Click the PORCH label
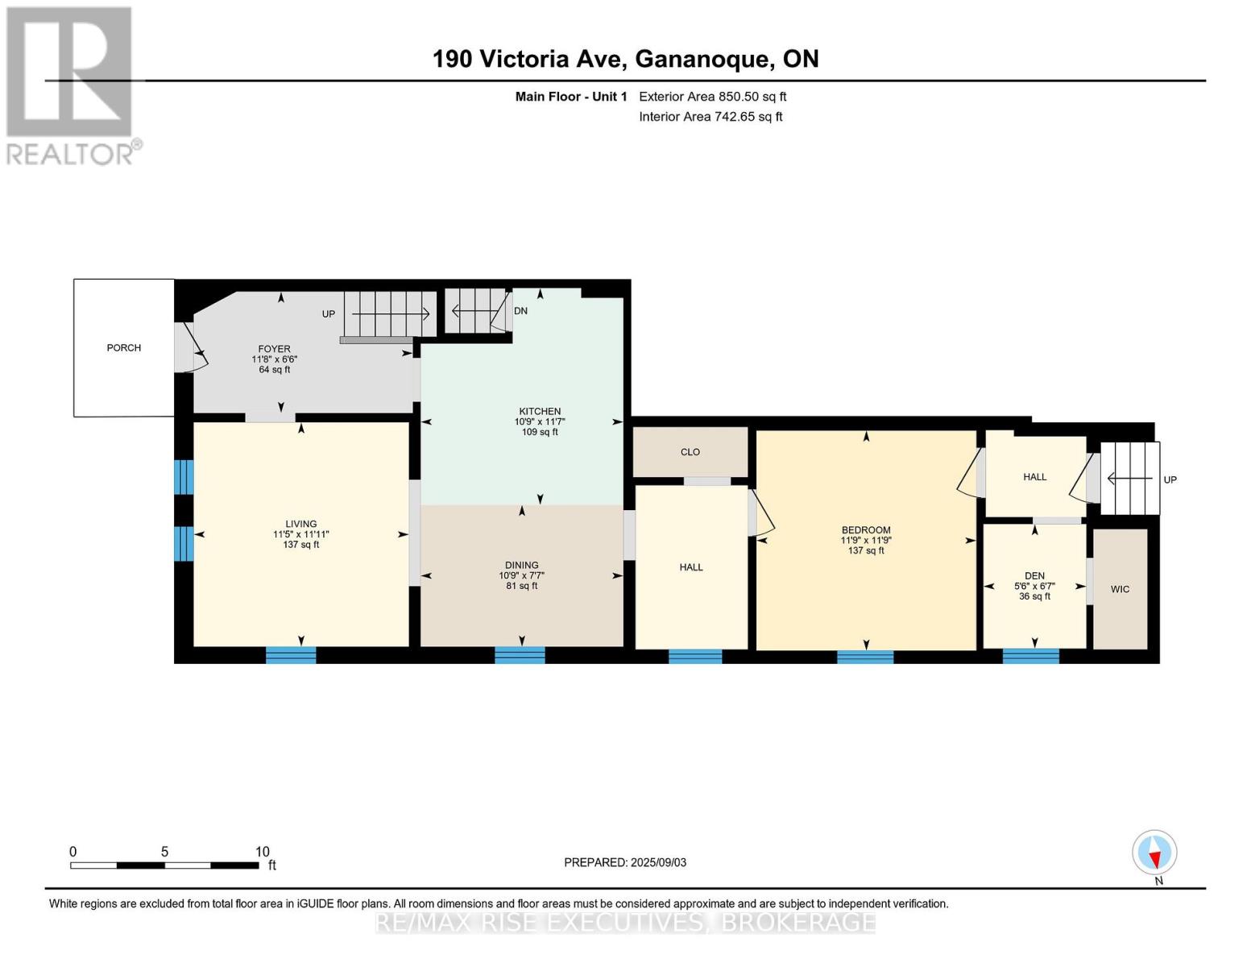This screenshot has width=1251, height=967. (123, 348)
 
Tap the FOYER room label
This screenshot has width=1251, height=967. (274, 349)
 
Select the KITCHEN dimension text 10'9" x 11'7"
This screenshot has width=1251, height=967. (540, 421)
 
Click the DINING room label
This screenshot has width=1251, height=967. (522, 565)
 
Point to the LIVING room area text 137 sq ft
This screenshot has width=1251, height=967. (300, 545)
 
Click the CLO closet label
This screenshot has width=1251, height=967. (690, 452)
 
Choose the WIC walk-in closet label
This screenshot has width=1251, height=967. (1120, 589)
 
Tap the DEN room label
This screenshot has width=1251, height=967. (1034, 576)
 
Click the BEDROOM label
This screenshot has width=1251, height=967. (866, 530)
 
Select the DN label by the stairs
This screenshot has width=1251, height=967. (521, 311)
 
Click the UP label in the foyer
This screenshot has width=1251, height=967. (329, 314)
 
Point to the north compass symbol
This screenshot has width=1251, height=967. (1154, 853)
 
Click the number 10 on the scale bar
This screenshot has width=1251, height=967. (262, 852)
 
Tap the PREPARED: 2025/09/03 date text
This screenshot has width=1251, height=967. (625, 862)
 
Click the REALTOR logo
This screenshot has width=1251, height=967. (70, 85)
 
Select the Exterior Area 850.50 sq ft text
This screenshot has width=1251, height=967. (712, 97)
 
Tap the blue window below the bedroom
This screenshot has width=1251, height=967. (865, 656)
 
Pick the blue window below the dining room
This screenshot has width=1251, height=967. (520, 655)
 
